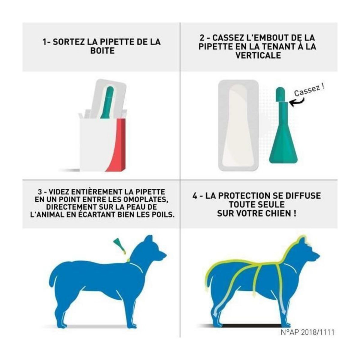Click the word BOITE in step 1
point(102,51)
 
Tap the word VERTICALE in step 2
point(258,55)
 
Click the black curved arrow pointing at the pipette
point(297,102)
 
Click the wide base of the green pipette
point(283,149)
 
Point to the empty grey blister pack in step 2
point(238,125)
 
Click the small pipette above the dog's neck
point(120,246)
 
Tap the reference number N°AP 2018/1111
point(307,332)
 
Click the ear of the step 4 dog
point(300,241)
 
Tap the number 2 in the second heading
point(202,38)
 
